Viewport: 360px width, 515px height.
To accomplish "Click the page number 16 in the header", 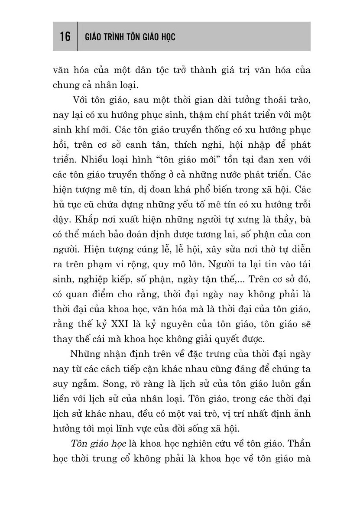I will point(65,37).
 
